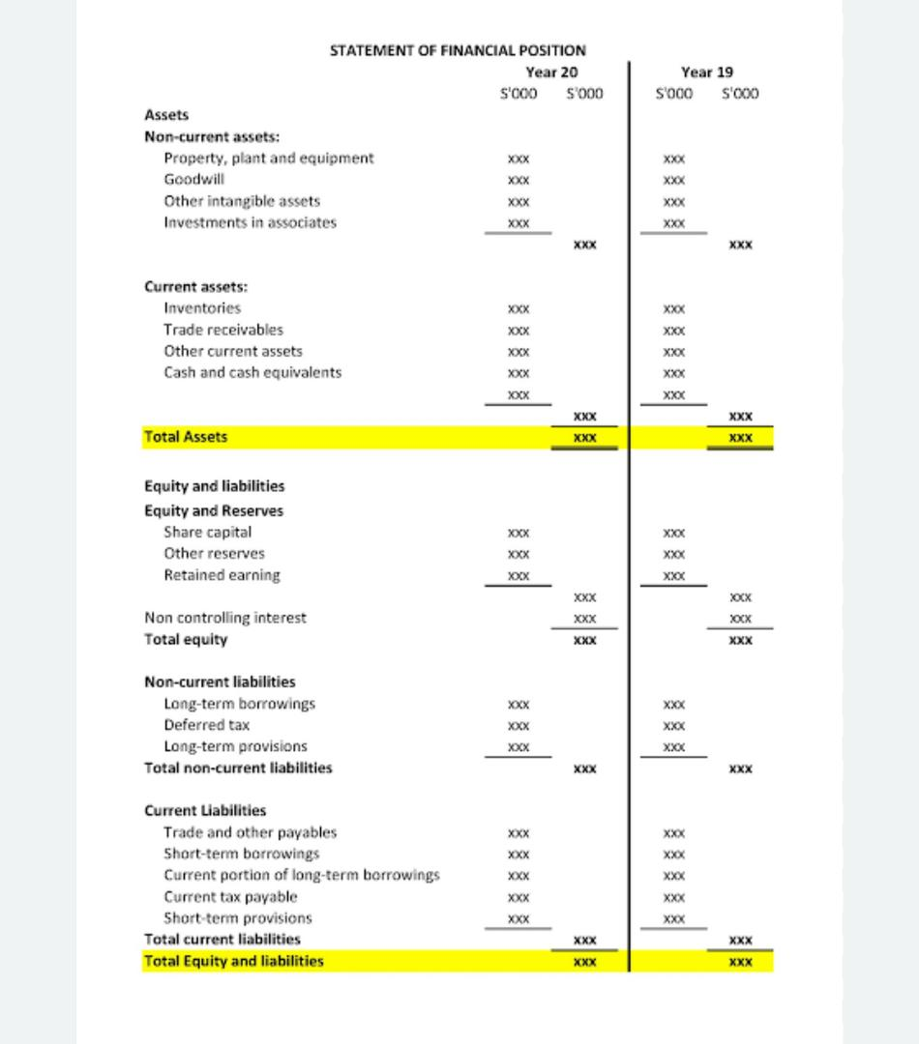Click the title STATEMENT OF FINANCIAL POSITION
pos(458,50)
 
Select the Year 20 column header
pos(551,72)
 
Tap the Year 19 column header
pos(707,72)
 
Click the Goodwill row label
pos(194,180)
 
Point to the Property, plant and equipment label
pos(269,159)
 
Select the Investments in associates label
pos(251,222)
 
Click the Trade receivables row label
pos(223,330)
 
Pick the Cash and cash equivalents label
pos(252,372)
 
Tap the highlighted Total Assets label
pos(186,437)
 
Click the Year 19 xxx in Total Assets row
pos(740,438)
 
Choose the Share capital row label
pos(208,533)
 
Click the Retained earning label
pos(222,575)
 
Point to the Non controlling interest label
pos(225,618)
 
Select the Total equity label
pos(186,640)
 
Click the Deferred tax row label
pos(207,725)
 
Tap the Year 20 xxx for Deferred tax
pos(519,726)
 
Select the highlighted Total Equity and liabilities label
pos(234,961)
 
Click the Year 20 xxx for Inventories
pos(519,309)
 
